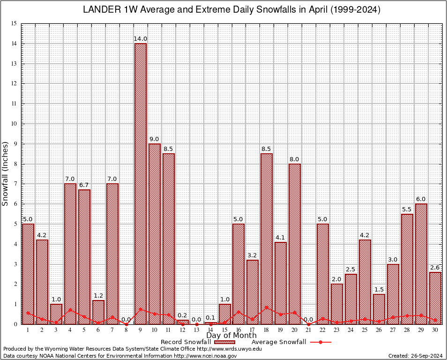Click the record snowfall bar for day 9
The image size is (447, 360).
coord(141,183)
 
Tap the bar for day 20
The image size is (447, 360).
coord(295,244)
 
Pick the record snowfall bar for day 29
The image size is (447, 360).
coord(421,262)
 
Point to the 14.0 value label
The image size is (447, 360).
coord(141,39)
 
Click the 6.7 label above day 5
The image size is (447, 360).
coord(84,185)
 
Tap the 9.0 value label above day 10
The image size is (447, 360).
coord(154,139)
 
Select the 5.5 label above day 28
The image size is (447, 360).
coord(407,209)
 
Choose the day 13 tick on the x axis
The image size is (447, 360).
coord(196,330)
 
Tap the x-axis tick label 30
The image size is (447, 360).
coord(435,330)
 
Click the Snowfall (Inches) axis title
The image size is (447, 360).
coord(6,173)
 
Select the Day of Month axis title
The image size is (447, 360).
coord(231,336)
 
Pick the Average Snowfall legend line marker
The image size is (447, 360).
coord(320,342)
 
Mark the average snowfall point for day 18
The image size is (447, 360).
coord(267,308)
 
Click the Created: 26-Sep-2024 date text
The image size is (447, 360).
coord(415,356)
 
